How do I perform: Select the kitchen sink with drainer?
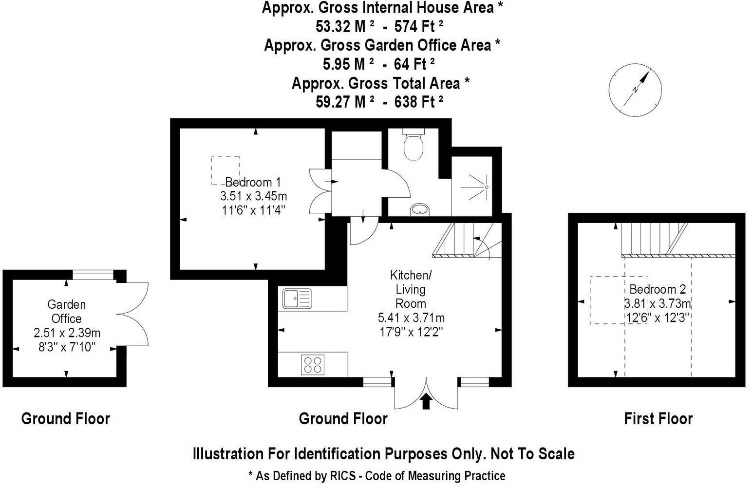297,298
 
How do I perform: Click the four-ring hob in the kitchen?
313,365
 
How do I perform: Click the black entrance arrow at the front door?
426,400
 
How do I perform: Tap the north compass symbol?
635,90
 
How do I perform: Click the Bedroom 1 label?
253,182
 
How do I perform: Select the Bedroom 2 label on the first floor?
658,289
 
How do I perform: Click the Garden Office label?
67,311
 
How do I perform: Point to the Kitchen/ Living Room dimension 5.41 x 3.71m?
411,318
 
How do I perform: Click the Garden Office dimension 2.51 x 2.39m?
67,333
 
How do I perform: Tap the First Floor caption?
658,418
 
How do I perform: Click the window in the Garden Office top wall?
94,276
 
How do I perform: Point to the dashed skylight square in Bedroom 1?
225,170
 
